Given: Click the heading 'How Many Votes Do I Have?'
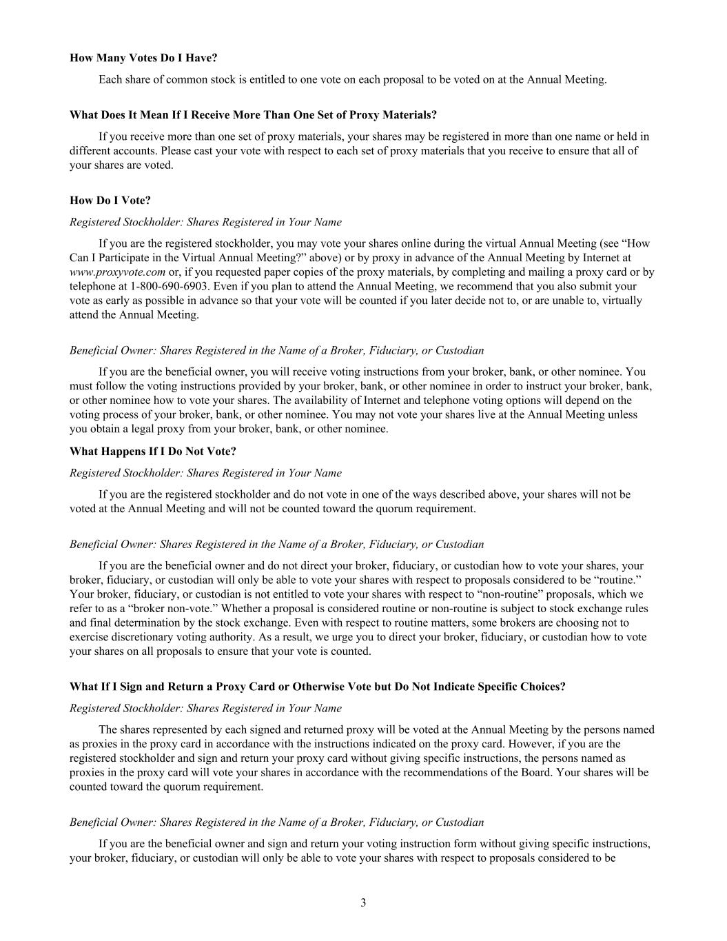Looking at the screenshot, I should point(143,58).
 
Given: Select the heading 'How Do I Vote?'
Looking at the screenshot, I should point(110,201).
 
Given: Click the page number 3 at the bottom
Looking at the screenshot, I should point(363,903).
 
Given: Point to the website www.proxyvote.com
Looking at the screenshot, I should point(117,272).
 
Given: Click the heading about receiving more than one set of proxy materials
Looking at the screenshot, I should point(253,114).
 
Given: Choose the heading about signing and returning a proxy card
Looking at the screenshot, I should point(317,687).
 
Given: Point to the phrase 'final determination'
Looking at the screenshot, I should point(120,623).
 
